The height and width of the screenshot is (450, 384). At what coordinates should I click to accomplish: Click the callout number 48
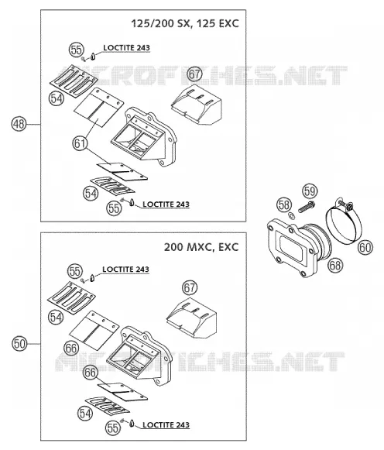19,124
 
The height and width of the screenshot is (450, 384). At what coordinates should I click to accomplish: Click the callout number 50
19,344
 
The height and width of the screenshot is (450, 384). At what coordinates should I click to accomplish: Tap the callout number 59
310,191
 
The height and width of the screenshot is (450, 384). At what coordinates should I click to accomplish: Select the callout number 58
284,205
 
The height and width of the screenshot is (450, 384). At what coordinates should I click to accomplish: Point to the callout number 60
365,247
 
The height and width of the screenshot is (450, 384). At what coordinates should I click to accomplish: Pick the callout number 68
335,265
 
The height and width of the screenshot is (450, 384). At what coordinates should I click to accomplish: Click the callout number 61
80,143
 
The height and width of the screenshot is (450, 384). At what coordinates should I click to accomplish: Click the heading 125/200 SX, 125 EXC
185,23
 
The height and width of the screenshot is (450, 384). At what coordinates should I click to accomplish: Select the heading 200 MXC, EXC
201,247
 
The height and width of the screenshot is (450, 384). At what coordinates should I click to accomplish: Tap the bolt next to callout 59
307,208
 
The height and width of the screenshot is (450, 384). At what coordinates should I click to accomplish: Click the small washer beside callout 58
291,215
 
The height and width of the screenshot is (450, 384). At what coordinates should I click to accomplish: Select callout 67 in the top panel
195,74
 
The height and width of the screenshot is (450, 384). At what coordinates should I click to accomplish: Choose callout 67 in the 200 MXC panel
190,287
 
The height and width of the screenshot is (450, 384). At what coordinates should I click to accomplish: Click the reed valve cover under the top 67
197,105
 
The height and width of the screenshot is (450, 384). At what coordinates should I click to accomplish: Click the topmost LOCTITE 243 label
126,48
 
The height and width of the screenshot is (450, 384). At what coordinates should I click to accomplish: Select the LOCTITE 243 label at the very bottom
166,424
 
